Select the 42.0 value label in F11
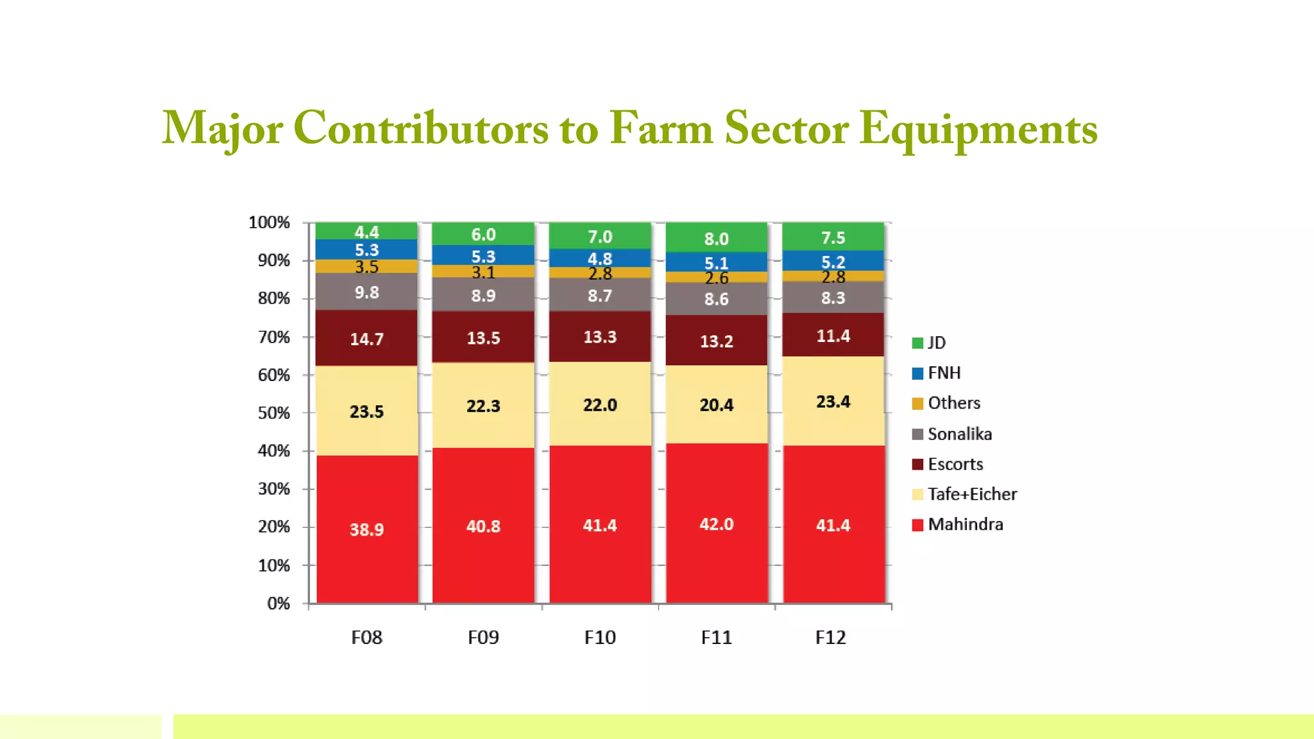(x=716, y=524)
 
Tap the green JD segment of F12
(x=833, y=237)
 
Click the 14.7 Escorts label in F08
(x=366, y=339)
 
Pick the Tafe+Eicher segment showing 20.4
(x=716, y=405)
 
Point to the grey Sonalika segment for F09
(x=483, y=295)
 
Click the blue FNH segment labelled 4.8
(x=600, y=258)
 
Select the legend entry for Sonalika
(x=959, y=434)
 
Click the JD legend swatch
(x=917, y=343)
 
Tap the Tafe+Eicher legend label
(x=971, y=494)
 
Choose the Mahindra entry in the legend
(x=965, y=524)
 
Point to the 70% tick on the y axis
(x=274, y=337)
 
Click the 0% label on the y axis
(x=278, y=603)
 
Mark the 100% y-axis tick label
(x=269, y=223)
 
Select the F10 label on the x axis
(x=600, y=637)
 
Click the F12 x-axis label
(x=830, y=637)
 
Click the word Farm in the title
(x=661, y=128)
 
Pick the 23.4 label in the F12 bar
(x=833, y=402)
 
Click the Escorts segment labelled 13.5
(x=483, y=337)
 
